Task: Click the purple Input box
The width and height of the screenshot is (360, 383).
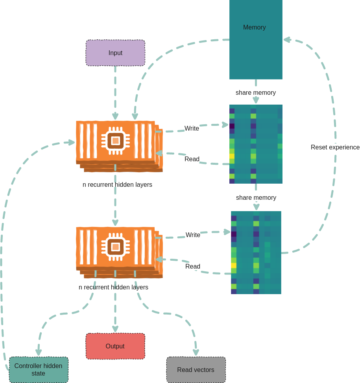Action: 115,53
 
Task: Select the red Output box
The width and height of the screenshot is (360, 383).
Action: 115,346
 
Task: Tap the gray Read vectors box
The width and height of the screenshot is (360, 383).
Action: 196,370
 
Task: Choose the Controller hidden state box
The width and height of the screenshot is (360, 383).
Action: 38,370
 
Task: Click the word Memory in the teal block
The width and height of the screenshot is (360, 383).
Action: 254,28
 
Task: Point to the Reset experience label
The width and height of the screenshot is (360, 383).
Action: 335,147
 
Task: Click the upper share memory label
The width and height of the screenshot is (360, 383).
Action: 255,93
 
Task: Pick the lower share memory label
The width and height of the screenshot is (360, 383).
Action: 256,198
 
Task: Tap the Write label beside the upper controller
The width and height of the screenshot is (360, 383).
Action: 192,129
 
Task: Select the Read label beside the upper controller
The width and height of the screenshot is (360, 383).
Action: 192,159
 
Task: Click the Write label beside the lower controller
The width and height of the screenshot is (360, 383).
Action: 193,235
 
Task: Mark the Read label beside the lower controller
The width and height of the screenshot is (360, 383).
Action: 193,267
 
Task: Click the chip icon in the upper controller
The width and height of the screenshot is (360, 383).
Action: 115,140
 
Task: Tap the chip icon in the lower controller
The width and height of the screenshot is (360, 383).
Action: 115,247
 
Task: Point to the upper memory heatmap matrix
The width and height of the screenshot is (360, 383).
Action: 256,144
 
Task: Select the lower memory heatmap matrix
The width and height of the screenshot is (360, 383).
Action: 256,252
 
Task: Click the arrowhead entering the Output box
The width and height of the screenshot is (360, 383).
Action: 115,329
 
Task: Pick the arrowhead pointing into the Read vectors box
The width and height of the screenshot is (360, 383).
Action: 196,352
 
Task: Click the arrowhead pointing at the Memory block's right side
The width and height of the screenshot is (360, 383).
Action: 287,39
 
